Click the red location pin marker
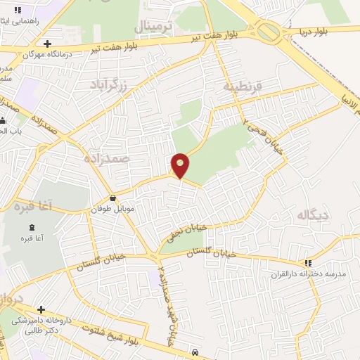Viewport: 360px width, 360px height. pyautogui.click(x=181, y=165)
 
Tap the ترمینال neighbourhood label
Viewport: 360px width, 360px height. pyautogui.click(x=153, y=27)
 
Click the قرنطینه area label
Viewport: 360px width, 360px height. pyautogui.click(x=243, y=86)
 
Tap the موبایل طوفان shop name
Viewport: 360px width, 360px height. pyautogui.click(x=112, y=210)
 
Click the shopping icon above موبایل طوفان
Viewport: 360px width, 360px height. pyautogui.click(x=113, y=198)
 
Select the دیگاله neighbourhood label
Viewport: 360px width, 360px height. pyautogui.click(x=313, y=214)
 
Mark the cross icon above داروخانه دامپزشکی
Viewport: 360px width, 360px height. pyautogui.click(x=41, y=309)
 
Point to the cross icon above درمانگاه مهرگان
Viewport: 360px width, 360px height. pyautogui.click(x=46, y=44)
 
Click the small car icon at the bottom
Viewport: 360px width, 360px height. pyautogui.click(x=195, y=352)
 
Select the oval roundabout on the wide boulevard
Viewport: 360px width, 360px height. pyautogui.click(x=267, y=31)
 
